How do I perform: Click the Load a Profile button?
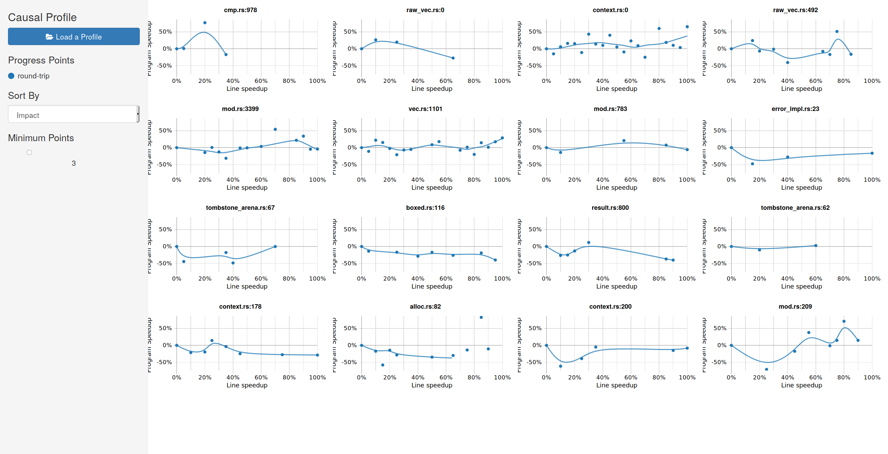[74, 36]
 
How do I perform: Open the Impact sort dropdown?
[74, 114]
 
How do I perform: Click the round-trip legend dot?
[11, 76]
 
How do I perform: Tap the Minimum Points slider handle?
[29, 153]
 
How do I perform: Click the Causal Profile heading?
[42, 17]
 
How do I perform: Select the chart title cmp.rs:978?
[240, 10]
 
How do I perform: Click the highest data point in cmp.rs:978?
[205, 23]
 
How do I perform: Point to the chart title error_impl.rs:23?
[795, 109]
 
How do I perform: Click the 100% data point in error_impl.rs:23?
[872, 153]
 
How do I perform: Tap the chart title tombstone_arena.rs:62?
[795, 208]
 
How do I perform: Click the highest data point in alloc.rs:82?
[481, 317]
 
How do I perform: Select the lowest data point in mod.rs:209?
[766, 369]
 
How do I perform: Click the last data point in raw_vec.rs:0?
[453, 58]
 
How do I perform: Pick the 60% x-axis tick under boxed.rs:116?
[446, 279]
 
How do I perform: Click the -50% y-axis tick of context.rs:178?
[164, 362]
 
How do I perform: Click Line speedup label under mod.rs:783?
[616, 188]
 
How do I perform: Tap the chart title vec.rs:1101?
[425, 109]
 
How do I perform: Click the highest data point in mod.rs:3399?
[275, 129]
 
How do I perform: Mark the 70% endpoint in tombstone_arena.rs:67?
[275, 247]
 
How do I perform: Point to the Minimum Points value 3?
[74, 163]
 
